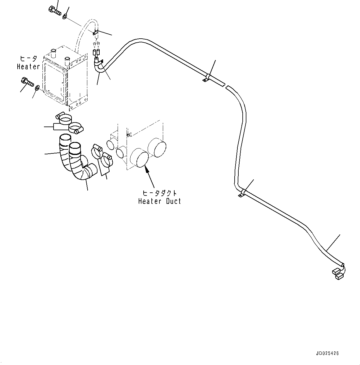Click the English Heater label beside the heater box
pos(28,67)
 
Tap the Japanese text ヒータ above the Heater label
pos(28,59)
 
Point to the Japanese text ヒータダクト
pos(159,193)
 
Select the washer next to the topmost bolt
pos(65,16)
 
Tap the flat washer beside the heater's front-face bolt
pos(37,89)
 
